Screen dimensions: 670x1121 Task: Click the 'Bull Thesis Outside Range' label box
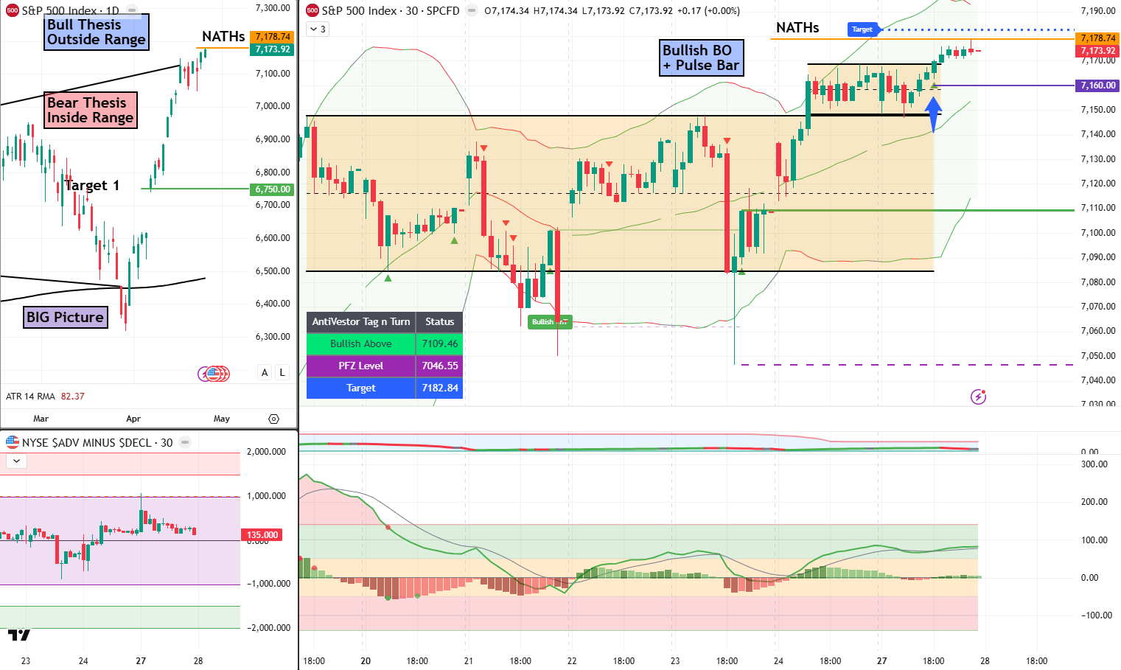pos(96,32)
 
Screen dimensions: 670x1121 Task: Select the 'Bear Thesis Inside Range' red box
pos(90,110)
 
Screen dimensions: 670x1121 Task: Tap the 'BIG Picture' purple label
pos(65,317)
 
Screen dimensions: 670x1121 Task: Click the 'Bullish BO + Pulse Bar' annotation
pos(700,57)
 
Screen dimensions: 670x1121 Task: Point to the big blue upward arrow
pos(933,112)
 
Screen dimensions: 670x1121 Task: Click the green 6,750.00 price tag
pos(272,189)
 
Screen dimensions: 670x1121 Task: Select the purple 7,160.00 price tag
pos(1097,86)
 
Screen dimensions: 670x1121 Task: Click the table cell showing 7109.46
pos(439,343)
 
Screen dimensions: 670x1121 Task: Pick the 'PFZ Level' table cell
pos(360,366)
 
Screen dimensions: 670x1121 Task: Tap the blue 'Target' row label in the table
pos(360,388)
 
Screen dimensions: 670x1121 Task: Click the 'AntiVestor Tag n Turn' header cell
pos(360,321)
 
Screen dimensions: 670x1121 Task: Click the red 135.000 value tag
pos(262,535)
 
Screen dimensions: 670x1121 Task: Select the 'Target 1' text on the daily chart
pos(92,185)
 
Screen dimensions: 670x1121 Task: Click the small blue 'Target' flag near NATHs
pos(862,29)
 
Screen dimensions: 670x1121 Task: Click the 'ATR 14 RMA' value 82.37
pos(72,397)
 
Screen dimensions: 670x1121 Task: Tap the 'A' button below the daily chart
pos(265,372)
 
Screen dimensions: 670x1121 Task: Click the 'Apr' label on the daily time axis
pos(133,419)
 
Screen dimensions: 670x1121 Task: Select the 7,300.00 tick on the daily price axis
pos(272,8)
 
